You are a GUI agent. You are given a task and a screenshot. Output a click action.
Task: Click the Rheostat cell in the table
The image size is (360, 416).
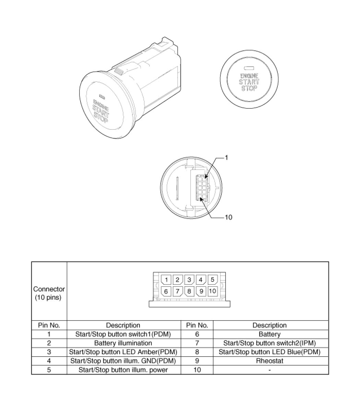(x=269, y=361)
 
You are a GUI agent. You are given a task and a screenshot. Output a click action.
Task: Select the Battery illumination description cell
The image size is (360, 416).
(x=123, y=343)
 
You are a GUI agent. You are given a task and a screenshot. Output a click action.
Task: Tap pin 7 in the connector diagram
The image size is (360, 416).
(x=177, y=291)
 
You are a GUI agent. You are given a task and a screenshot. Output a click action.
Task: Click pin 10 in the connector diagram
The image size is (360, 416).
(x=212, y=291)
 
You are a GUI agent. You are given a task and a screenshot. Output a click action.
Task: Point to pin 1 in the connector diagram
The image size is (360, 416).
(x=166, y=280)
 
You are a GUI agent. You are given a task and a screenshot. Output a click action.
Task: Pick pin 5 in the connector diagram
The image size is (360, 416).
(x=212, y=279)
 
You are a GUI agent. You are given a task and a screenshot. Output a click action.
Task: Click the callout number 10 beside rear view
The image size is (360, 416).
(x=228, y=217)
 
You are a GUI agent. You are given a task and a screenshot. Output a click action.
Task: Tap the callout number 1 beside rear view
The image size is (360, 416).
(x=227, y=158)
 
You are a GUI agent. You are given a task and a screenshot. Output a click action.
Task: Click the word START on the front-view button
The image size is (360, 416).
(x=249, y=82)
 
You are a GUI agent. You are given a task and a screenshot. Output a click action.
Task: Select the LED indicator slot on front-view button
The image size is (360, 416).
(x=249, y=68)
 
